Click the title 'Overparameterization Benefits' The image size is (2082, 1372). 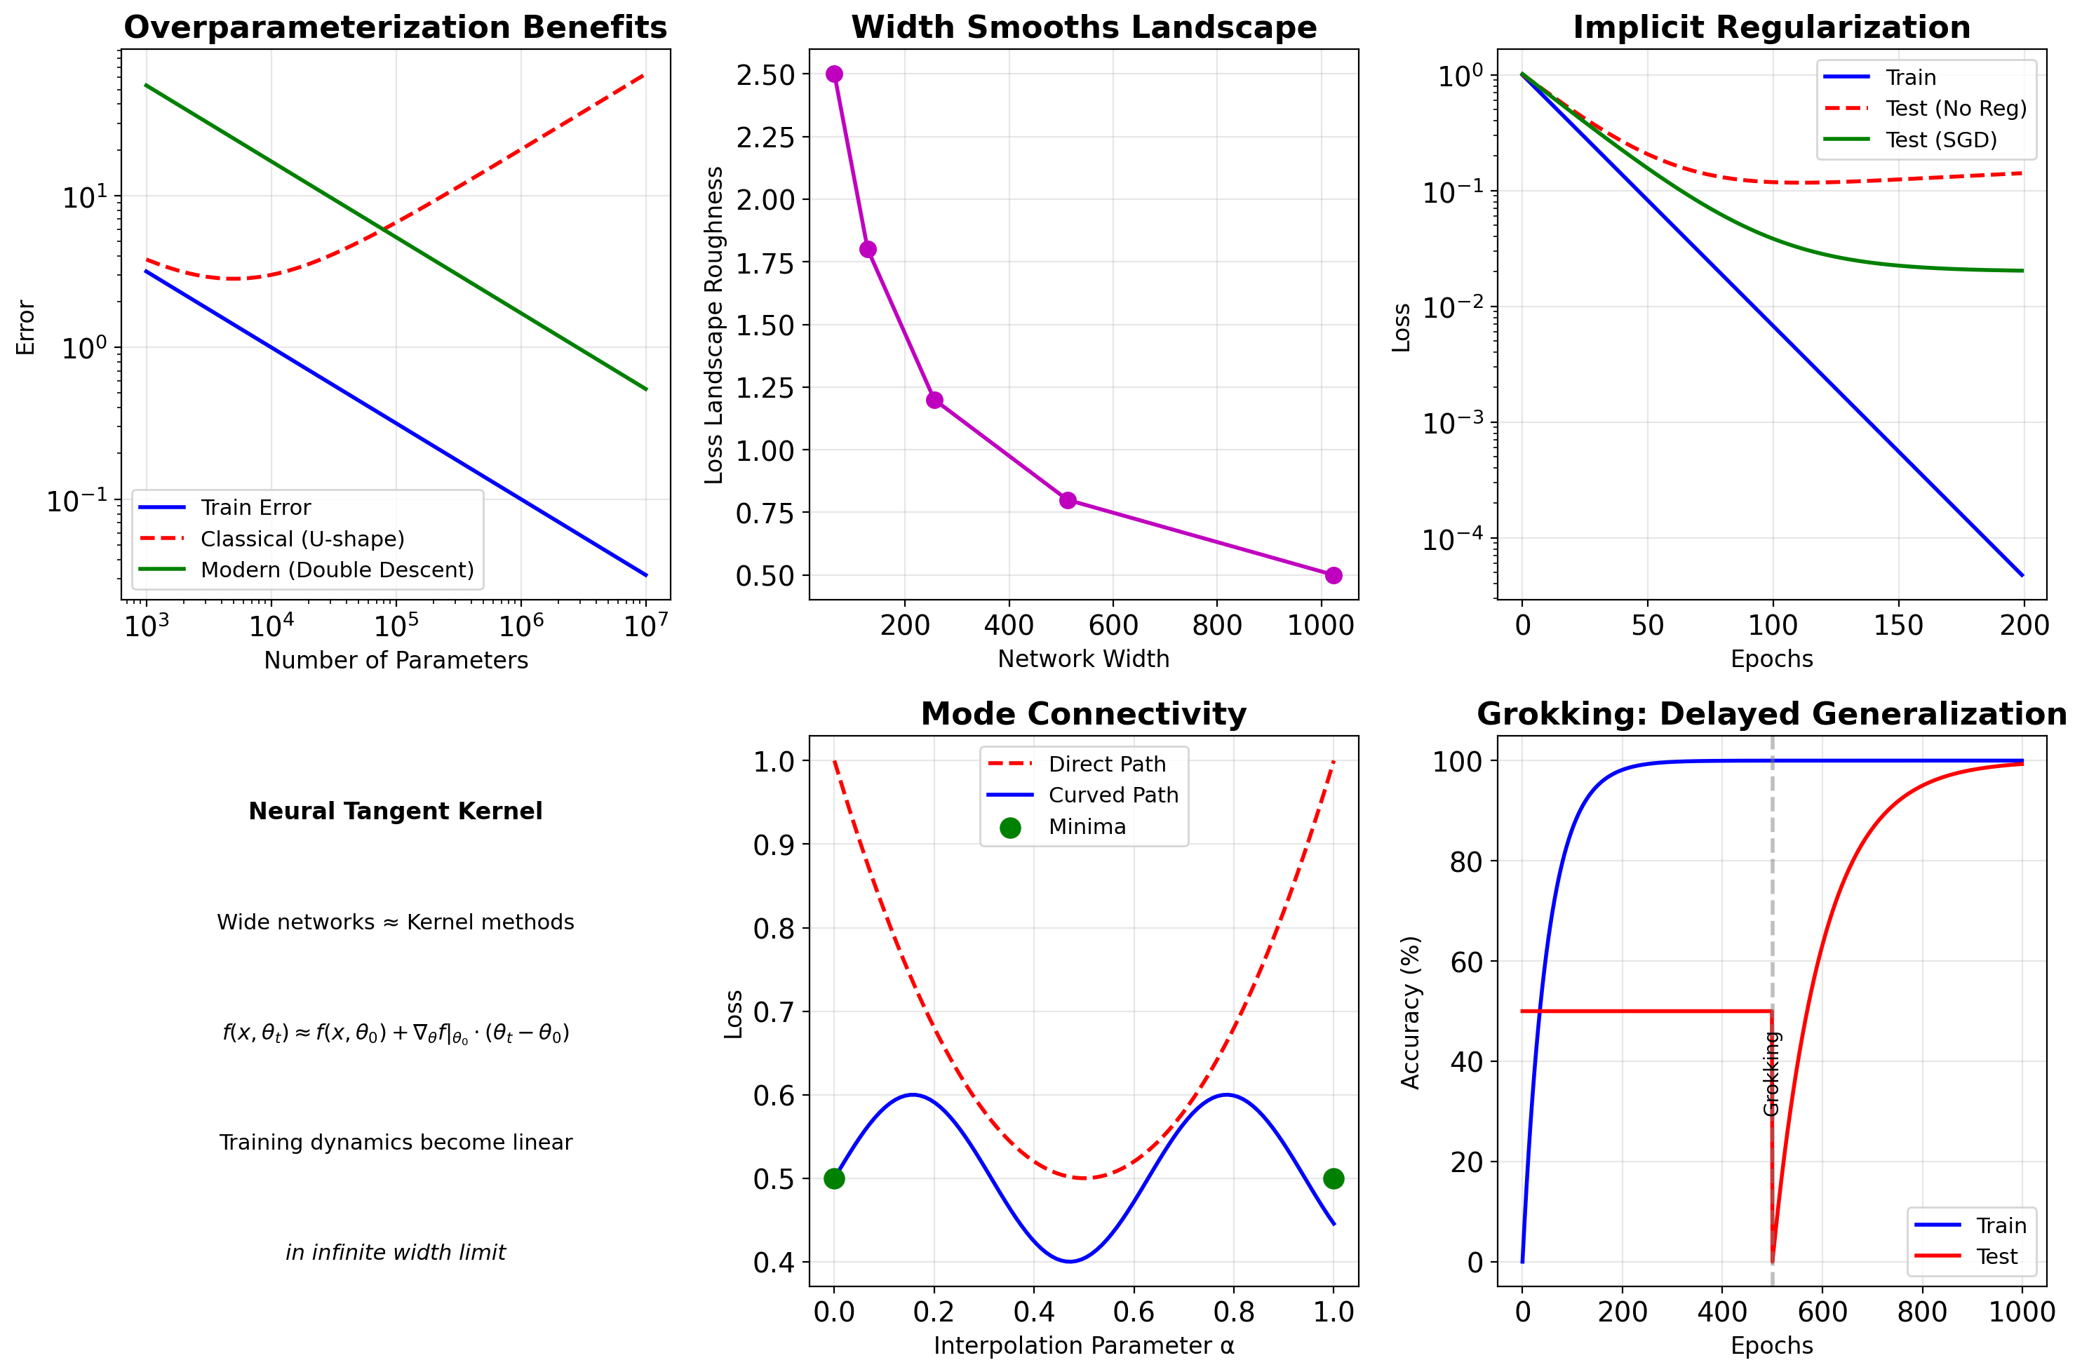396,27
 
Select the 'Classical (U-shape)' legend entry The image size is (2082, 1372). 302,539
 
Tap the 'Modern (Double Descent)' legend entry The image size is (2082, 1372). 337,570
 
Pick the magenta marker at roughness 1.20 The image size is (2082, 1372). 934,400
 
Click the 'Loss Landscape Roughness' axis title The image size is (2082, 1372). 714,325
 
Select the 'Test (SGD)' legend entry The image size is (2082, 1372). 1941,140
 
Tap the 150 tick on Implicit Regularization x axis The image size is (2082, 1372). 1898,626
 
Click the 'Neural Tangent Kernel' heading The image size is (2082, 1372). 396,811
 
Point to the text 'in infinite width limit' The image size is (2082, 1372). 396,1252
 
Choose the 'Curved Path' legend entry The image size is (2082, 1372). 1113,795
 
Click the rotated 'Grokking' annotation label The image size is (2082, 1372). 1771,1074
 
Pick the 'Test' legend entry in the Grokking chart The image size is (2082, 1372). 1996,1256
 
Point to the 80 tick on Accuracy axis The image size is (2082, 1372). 1466,862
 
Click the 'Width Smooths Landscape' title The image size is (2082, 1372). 1083,27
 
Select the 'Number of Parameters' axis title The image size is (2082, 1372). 396,660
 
